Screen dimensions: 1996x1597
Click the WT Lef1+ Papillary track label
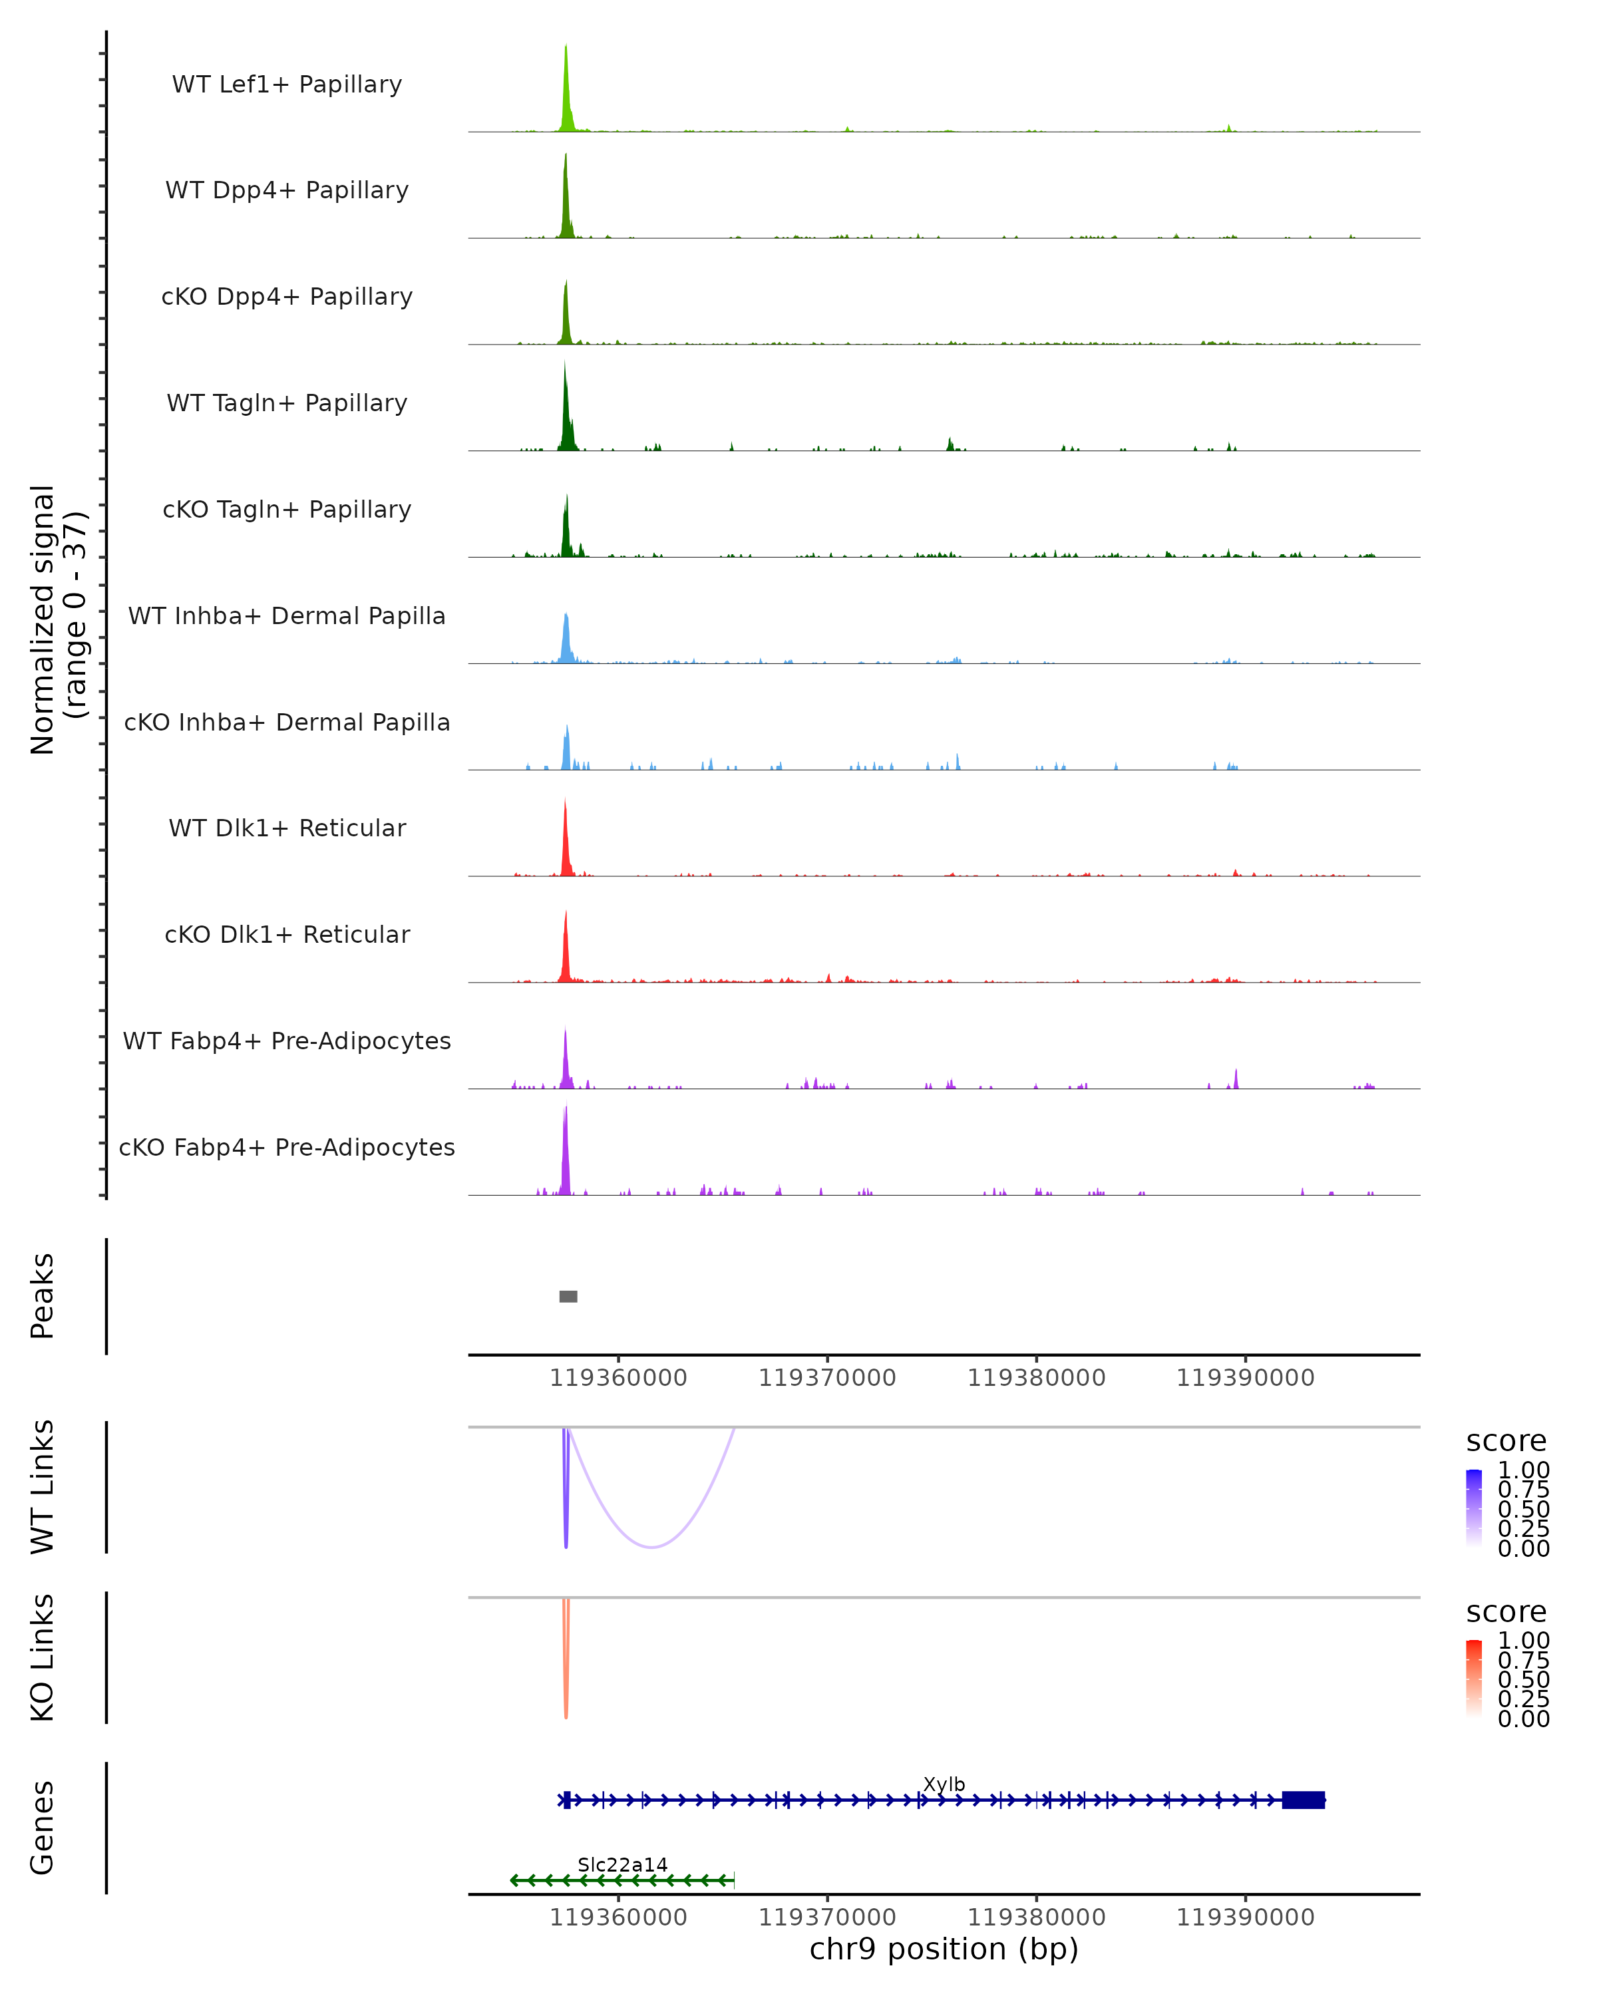pyautogui.click(x=287, y=84)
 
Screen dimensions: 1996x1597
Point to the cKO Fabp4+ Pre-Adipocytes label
pyautogui.click(x=287, y=1147)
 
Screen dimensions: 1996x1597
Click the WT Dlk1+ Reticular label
pyautogui.click(x=287, y=828)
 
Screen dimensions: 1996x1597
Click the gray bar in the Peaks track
pyautogui.click(x=568, y=1296)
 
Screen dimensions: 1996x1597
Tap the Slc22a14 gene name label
pyautogui.click(x=622, y=1864)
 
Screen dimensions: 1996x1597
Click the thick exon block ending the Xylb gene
pyautogui.click(x=1303, y=1800)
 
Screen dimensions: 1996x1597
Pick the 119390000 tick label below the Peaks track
pyautogui.click(x=1244, y=1378)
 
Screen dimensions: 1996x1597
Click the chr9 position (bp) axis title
pyautogui.click(x=944, y=1949)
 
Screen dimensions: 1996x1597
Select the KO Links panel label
pyautogui.click(x=43, y=1657)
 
